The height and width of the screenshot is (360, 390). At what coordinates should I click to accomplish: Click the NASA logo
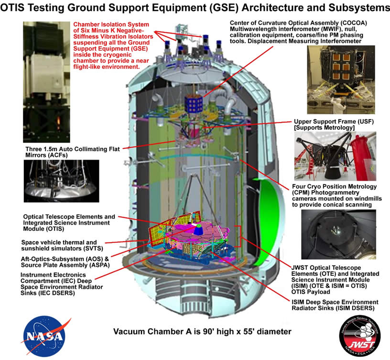45,337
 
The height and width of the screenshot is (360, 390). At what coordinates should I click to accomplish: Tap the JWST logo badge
360,336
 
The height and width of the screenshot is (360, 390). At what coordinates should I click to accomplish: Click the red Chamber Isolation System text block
113,45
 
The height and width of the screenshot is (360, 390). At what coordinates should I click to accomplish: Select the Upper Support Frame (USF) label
334,124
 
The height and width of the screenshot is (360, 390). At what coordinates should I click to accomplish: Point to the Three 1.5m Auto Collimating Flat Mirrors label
72,152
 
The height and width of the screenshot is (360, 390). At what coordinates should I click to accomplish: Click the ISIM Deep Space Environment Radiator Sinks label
335,305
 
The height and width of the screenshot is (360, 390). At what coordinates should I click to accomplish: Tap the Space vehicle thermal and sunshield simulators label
62,245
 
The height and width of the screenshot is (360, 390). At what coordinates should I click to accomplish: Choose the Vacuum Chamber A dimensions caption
202,332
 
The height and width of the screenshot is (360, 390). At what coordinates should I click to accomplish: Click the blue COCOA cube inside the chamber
193,104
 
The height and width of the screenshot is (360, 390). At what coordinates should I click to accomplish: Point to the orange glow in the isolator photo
59,120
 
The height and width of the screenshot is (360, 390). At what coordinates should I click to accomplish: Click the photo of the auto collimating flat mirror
62,181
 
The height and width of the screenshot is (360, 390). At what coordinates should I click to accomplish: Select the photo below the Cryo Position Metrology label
338,234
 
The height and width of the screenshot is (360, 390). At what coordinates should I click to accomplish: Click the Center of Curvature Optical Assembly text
298,32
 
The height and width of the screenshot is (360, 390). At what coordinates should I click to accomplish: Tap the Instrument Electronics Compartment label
62,284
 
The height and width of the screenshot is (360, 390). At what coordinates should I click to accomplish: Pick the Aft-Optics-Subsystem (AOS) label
65,262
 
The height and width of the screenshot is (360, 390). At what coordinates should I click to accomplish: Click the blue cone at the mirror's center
198,230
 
